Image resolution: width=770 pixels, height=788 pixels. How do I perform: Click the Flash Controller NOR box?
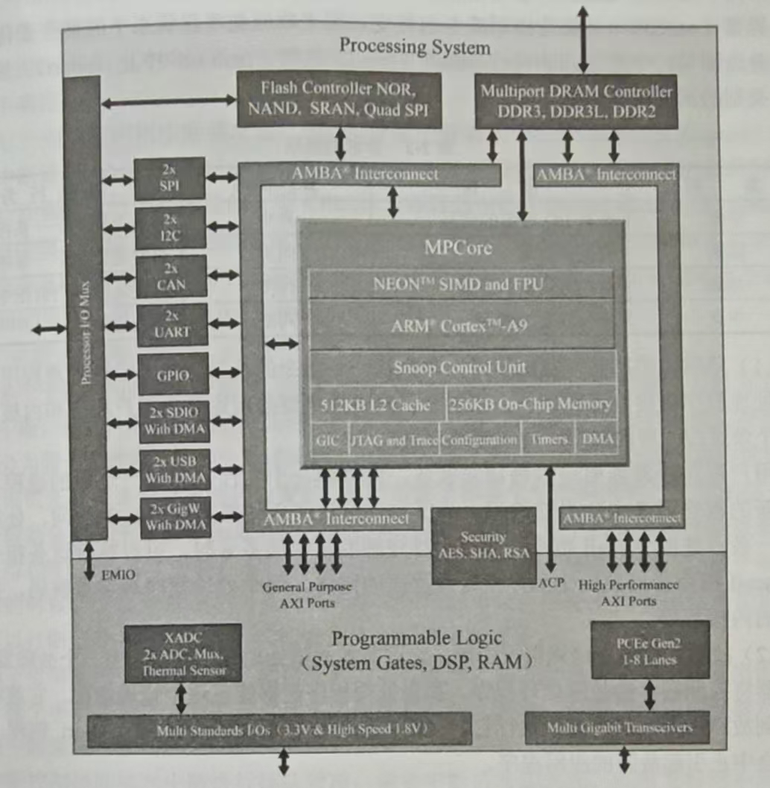coord(339,100)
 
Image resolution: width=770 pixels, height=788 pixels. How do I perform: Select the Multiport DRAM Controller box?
coord(576,101)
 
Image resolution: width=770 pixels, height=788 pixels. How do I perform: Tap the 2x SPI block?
coord(170,178)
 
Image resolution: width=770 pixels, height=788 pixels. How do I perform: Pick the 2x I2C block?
coord(171,227)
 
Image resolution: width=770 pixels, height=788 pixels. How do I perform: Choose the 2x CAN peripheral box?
coord(171,277)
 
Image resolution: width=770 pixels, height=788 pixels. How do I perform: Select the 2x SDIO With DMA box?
coord(174,422)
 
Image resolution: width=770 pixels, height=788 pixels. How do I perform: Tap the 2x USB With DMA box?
coord(174,470)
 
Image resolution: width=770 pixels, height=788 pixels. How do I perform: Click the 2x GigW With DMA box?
coord(174,517)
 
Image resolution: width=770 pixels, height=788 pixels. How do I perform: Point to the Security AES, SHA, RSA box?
coord(483,545)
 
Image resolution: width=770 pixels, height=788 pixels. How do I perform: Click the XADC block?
coord(182,653)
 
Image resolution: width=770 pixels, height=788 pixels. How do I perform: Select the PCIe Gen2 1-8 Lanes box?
coord(649,650)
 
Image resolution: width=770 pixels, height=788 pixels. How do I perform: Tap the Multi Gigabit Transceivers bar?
coord(617,728)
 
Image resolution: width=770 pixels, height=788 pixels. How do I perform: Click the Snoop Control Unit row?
coord(459,367)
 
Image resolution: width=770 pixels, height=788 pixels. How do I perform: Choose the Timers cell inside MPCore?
coord(549,440)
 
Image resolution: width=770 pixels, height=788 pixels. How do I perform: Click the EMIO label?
coord(118,575)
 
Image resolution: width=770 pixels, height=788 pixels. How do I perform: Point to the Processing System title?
coord(415,47)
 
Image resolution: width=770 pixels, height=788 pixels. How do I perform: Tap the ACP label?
coord(551,581)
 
